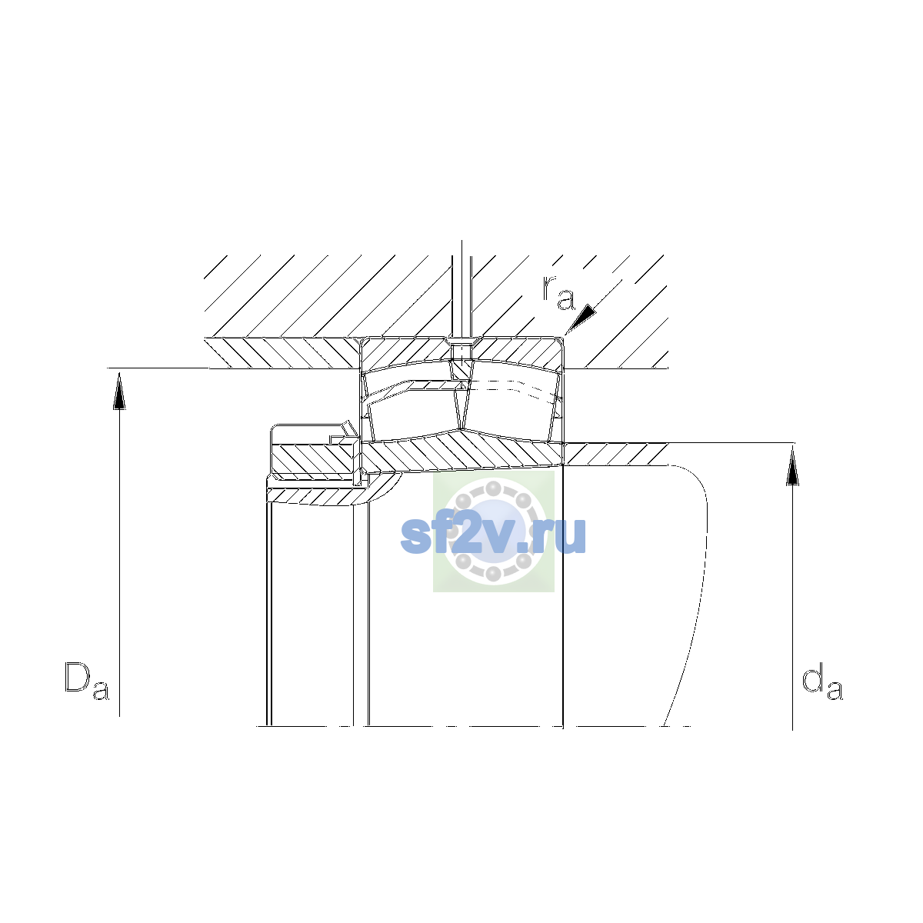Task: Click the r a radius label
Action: (x=558, y=292)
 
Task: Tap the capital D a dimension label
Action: (x=87, y=681)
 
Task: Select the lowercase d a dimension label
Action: (x=822, y=681)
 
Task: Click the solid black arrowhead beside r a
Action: (x=582, y=318)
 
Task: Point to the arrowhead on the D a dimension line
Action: (x=119, y=391)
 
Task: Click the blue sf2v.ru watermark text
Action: (x=493, y=535)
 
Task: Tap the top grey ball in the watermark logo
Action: (x=493, y=489)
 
